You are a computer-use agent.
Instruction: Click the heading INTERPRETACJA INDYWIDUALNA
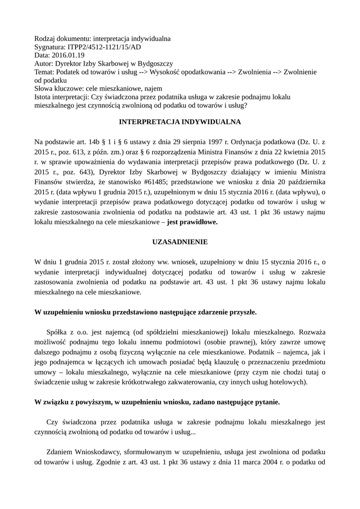pos(180,121)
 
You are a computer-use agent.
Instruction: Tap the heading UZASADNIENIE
pos(180,242)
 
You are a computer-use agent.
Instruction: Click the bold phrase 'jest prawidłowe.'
pos(192,223)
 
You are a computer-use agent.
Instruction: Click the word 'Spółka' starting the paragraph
pos(58,331)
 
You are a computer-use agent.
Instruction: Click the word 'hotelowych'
pos(287,382)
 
